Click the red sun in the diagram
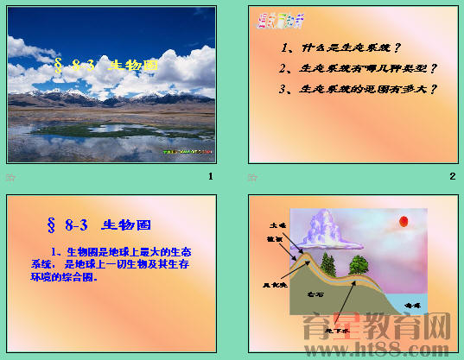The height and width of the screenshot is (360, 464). (x=402, y=223)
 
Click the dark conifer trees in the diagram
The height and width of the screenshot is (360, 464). (x=327, y=261)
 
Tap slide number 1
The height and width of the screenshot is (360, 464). (x=211, y=176)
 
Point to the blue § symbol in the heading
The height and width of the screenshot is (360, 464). (x=53, y=226)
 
